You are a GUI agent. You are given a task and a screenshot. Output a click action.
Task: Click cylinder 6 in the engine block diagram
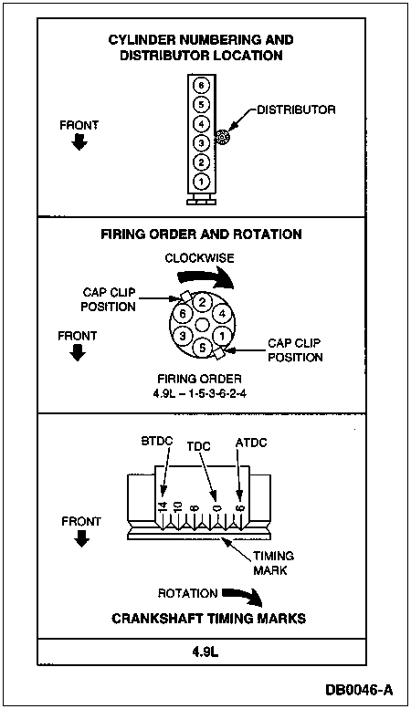[202, 85]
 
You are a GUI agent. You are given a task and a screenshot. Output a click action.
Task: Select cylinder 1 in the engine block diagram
[202, 182]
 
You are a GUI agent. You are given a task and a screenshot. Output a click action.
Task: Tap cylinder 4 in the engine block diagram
[202, 123]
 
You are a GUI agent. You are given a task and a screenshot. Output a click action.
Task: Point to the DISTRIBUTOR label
[296, 109]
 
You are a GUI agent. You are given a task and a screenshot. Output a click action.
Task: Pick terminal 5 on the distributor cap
[203, 349]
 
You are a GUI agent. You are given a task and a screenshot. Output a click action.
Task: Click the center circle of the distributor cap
[203, 325]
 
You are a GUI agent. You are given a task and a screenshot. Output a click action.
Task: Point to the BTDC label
[156, 441]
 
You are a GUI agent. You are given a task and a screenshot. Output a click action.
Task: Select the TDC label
[199, 446]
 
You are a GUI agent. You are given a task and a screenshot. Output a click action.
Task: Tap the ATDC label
[251, 443]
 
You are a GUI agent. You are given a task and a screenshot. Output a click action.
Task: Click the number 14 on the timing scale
[163, 506]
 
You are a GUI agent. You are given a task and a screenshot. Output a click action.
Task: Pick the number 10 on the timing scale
[177, 506]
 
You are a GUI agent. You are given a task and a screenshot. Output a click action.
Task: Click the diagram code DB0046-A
[360, 690]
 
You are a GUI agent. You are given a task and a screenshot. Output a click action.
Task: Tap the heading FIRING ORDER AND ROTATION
[201, 235]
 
